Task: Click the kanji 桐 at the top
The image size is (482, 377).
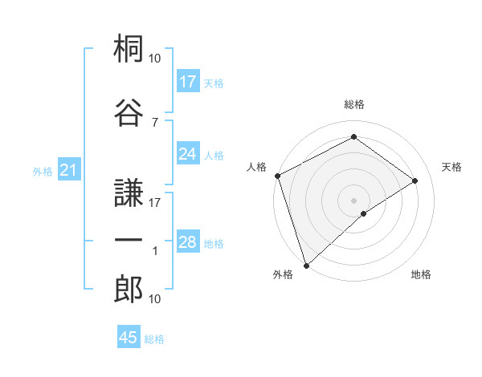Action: click(x=129, y=51)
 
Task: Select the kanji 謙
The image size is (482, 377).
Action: click(x=129, y=191)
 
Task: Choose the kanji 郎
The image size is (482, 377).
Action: click(x=129, y=289)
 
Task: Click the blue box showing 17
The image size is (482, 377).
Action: click(x=188, y=82)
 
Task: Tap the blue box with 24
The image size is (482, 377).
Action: click(x=188, y=154)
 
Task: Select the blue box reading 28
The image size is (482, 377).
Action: click(x=188, y=242)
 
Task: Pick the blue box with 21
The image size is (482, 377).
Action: click(x=68, y=170)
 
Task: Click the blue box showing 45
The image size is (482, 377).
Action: click(x=129, y=338)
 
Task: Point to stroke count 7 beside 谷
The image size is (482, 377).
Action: click(x=154, y=122)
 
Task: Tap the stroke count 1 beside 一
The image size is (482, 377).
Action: click(x=154, y=251)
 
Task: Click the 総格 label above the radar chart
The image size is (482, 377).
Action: click(x=353, y=104)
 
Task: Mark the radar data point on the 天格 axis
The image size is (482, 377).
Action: click(x=415, y=180)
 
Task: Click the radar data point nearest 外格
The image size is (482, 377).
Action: click(x=305, y=265)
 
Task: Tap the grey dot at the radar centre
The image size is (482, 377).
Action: click(x=353, y=200)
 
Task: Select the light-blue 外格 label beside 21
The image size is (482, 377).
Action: click(x=42, y=171)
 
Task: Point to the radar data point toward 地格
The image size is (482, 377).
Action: click(x=364, y=213)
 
